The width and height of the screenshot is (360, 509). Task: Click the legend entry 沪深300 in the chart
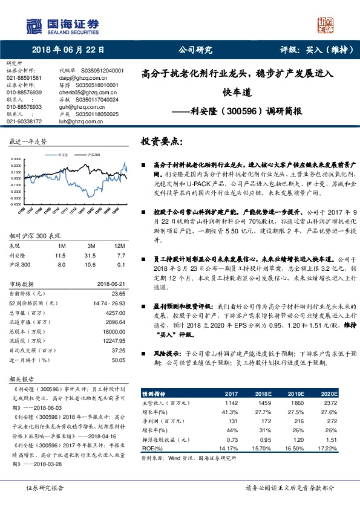tap(93, 155)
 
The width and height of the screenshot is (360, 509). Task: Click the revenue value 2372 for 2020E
tap(330, 402)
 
